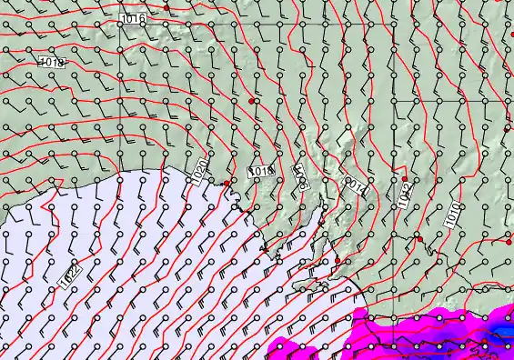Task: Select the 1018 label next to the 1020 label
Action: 261,170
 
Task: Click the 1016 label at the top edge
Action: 132,18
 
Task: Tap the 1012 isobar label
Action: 404,193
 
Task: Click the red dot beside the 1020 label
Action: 227,184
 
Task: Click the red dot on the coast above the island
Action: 338,261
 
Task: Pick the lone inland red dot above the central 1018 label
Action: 252,101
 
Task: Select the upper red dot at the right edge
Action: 508,129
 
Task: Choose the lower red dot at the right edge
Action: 508,244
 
